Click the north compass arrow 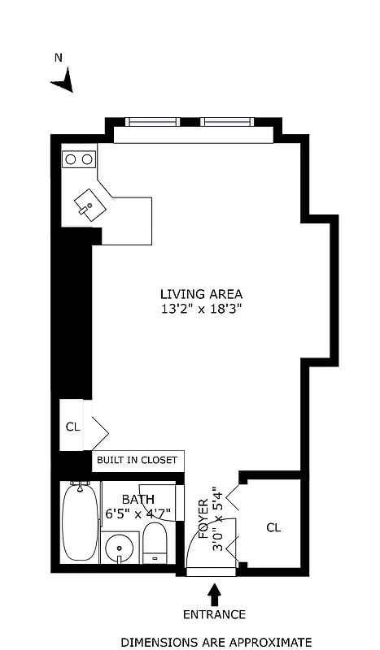point(63,80)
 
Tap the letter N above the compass point(58,58)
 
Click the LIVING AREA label point(201,294)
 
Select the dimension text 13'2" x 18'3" point(201,309)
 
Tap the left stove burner point(71,159)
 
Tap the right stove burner point(87,159)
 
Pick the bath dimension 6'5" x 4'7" point(138,513)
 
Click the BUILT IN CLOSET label point(137,461)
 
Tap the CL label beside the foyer point(273,527)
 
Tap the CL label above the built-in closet point(72,426)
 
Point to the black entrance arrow point(216,592)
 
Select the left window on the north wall point(152,123)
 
